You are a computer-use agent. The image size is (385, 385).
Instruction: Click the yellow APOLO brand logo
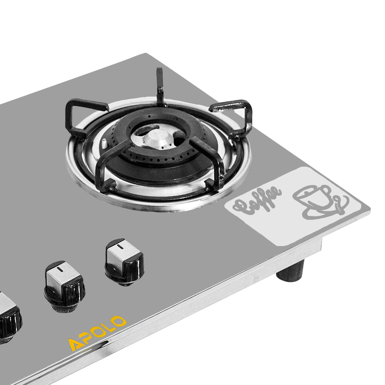click(97, 333)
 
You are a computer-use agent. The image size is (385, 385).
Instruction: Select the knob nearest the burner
click(124, 262)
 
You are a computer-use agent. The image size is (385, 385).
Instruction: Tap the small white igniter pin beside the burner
click(104, 143)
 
